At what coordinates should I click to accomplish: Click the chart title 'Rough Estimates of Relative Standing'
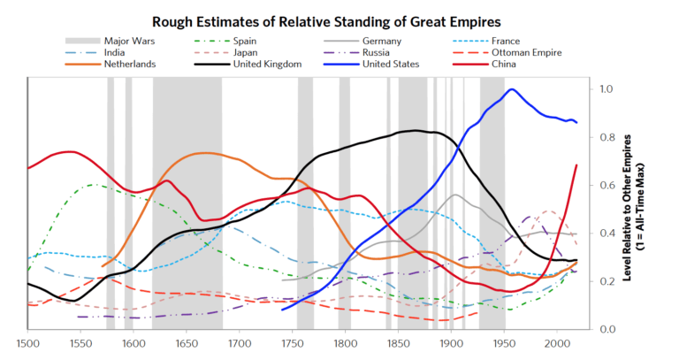click(339, 19)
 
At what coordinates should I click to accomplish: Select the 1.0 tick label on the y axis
click(607, 89)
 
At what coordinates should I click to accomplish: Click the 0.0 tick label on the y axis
click(607, 329)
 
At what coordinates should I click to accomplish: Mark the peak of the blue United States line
click(511, 89)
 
